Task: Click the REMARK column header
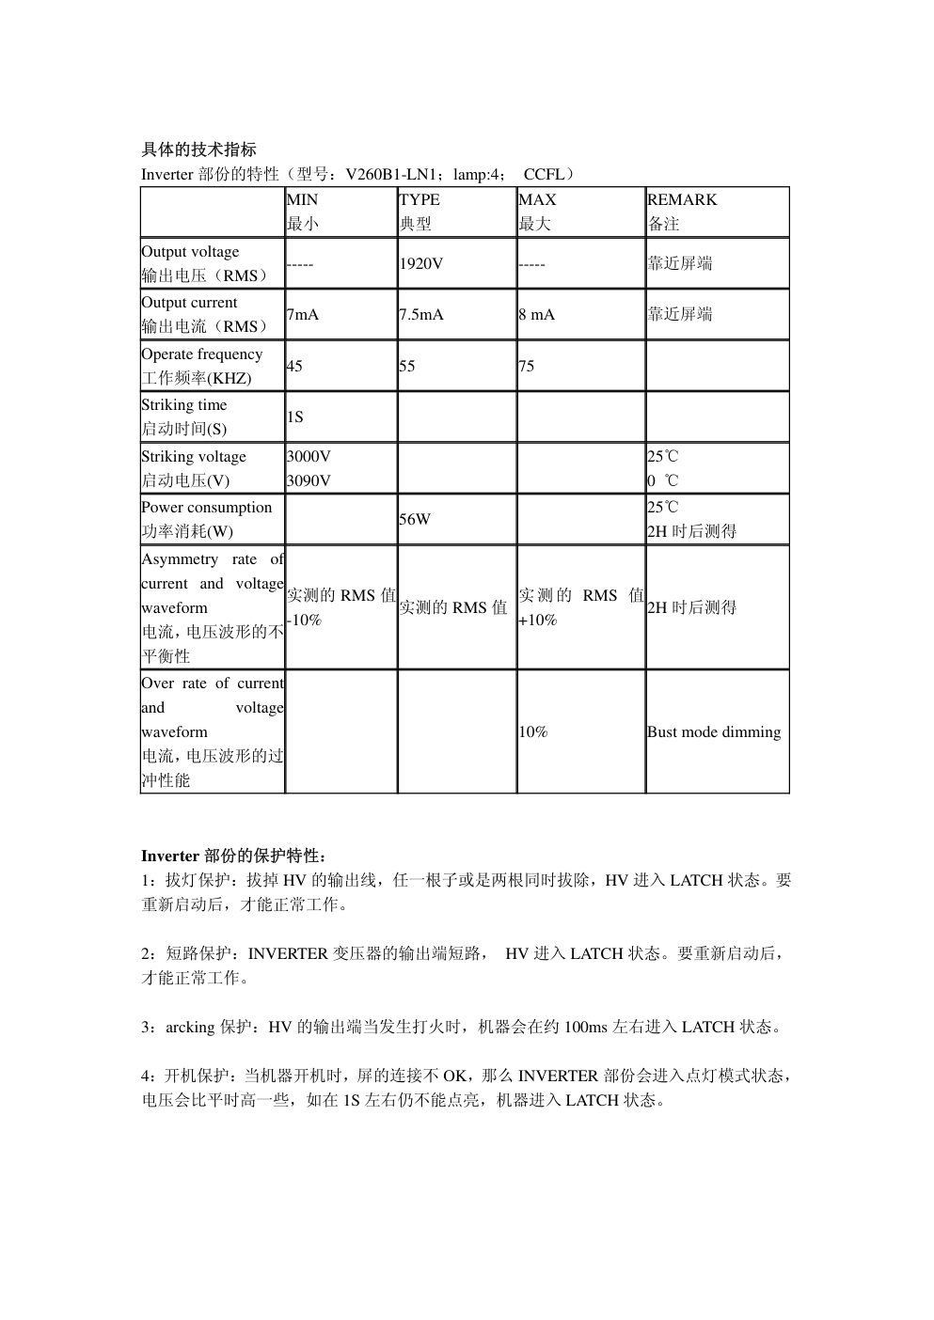(x=682, y=200)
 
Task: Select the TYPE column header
(x=420, y=200)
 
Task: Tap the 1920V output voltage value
(x=420, y=264)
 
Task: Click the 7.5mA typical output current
(x=421, y=315)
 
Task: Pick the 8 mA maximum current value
(x=536, y=315)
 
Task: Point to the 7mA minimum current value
(x=303, y=315)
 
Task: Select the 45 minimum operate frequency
(x=294, y=367)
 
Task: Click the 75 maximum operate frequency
(x=527, y=367)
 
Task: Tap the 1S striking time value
(x=295, y=417)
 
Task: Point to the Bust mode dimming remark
(x=714, y=732)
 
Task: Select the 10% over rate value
(x=533, y=732)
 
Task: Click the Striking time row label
(x=184, y=405)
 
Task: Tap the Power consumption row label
(x=207, y=508)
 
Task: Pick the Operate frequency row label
(x=202, y=354)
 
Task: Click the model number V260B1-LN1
(x=395, y=175)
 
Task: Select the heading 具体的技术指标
(x=198, y=149)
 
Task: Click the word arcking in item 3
(x=190, y=1028)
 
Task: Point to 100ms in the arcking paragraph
(x=585, y=1028)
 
